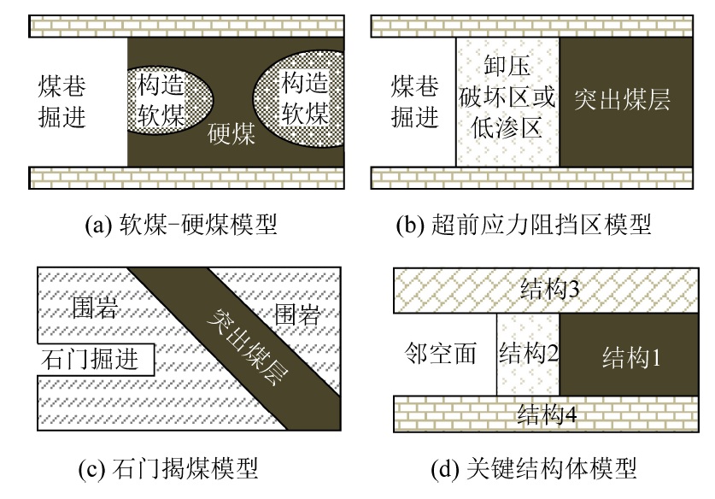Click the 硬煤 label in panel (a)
[231, 134]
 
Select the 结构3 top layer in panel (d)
[544, 291]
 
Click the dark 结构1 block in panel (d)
[629, 354]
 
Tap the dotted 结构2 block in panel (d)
[528, 354]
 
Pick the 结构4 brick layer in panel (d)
[544, 415]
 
